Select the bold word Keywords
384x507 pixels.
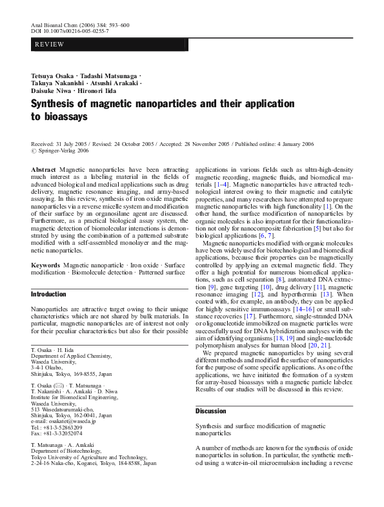[x=46, y=265]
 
